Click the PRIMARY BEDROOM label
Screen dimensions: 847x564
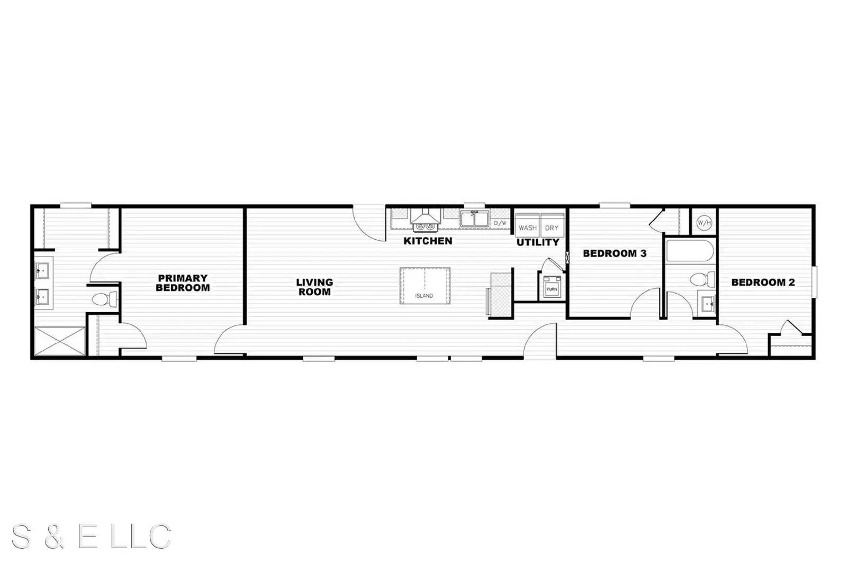(183, 283)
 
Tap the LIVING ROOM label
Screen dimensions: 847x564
(314, 287)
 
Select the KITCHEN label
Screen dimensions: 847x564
(428, 241)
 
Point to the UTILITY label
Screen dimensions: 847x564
(538, 243)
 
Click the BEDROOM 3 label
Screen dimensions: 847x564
(615, 253)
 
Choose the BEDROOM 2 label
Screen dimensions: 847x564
(763, 283)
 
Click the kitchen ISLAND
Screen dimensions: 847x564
(425, 286)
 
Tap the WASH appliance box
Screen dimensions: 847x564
(527, 226)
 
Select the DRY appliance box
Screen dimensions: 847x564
(552, 226)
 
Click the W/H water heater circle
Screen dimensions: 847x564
(705, 223)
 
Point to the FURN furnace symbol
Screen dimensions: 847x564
(552, 287)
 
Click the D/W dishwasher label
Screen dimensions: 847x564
(500, 223)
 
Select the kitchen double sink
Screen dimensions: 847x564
(474, 219)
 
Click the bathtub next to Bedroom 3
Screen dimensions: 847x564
(690, 251)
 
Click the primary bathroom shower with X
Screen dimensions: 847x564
(60, 341)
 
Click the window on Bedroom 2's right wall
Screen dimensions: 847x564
(815, 282)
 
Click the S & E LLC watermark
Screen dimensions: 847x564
(92, 536)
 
